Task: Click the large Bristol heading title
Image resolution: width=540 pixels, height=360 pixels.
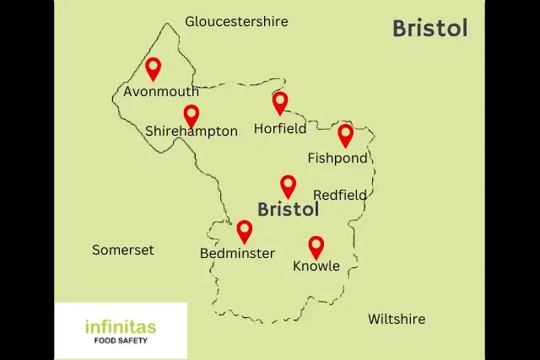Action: point(429,29)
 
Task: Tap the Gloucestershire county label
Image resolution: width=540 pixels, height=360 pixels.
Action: point(236,21)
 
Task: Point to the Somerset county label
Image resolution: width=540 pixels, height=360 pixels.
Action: point(123,250)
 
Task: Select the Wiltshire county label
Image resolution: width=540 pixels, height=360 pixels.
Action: point(397,319)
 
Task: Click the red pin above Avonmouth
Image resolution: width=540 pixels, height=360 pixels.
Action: point(153,67)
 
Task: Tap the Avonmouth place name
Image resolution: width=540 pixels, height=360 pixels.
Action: point(161,91)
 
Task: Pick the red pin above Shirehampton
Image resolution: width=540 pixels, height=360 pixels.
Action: point(192,115)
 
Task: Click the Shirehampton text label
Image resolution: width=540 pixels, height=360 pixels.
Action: point(192,132)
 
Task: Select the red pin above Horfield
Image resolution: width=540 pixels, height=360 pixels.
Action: point(280,102)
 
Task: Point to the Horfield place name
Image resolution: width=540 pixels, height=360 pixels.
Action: point(281,130)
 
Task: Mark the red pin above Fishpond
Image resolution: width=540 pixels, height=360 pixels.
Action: point(345,134)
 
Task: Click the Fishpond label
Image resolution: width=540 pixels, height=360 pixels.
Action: point(337,158)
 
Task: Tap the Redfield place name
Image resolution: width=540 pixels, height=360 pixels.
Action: point(340,195)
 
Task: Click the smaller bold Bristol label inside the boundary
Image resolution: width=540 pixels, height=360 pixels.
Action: point(288,208)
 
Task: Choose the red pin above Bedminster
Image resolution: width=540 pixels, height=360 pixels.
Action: point(245,230)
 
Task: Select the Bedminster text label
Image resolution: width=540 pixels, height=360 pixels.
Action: point(237,253)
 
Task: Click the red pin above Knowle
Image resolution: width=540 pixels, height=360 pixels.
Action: point(316,245)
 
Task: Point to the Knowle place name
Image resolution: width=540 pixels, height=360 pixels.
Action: point(316,266)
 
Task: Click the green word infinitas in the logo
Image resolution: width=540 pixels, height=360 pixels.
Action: point(121,325)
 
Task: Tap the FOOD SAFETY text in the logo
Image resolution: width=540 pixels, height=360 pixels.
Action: point(121,342)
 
